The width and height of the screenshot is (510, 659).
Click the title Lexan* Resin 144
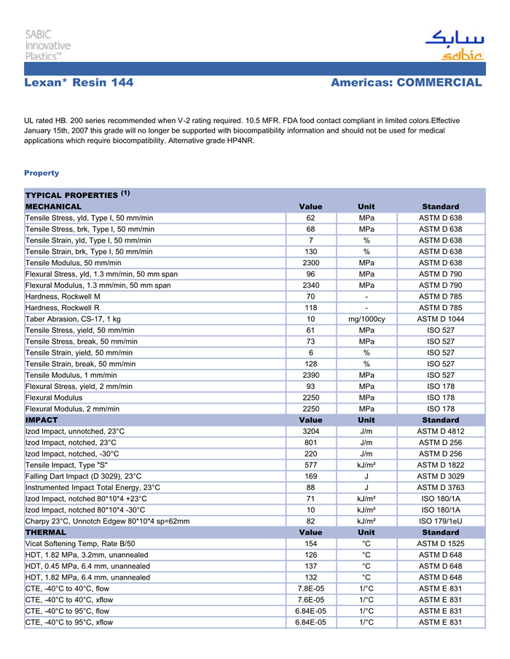79,83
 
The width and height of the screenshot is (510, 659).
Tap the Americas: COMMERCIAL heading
406,83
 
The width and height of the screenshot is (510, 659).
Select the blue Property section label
42,173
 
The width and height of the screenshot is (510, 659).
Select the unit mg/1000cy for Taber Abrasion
367,319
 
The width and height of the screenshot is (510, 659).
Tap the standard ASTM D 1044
440,319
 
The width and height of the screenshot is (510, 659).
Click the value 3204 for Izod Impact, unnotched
311,431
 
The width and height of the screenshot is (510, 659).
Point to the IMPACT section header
42,420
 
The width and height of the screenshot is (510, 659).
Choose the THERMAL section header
46,532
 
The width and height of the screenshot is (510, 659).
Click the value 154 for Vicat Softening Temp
311,543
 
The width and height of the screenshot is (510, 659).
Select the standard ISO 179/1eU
440,521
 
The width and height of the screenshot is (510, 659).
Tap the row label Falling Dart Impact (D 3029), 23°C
83,476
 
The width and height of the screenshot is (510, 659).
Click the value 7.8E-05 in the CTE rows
311,588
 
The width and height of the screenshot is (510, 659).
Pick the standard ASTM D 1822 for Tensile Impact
440,465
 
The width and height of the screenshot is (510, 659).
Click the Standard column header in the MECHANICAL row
440,207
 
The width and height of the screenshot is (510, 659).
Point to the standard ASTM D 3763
440,487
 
